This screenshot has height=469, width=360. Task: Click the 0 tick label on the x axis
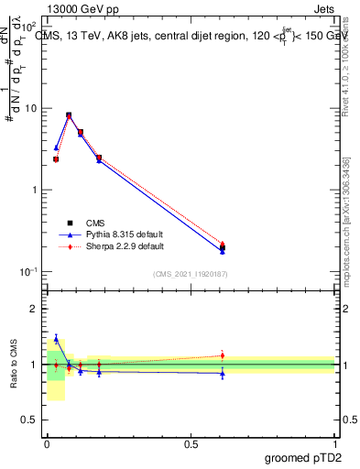(47, 442)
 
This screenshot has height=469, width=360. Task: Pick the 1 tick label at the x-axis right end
(334, 442)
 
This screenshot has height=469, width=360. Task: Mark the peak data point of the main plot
(69, 115)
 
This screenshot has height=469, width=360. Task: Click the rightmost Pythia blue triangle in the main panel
(223, 251)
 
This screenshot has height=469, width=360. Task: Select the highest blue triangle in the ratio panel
(56, 339)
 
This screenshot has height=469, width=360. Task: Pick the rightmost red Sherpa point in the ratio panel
(223, 355)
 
